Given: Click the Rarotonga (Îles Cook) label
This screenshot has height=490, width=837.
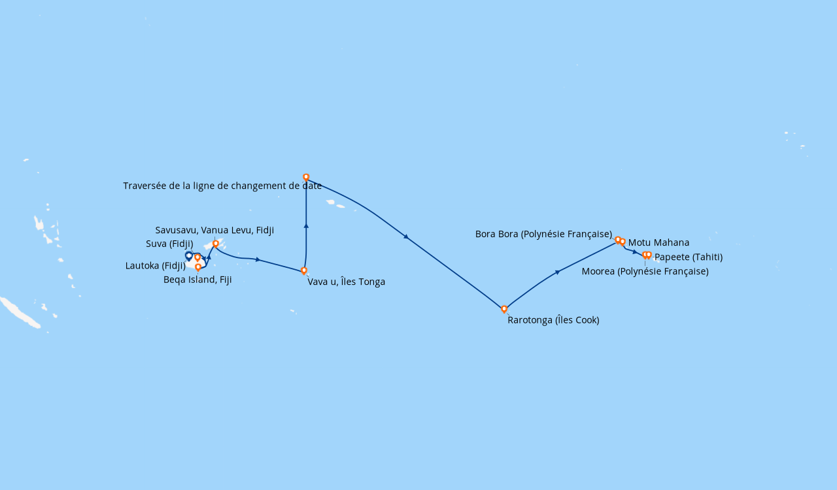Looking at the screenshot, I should (553, 320).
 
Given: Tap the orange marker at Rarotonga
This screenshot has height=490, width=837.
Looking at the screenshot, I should (504, 309).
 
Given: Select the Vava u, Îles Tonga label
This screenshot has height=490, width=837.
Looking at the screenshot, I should (346, 282).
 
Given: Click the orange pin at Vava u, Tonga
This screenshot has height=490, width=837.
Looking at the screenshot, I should (304, 270).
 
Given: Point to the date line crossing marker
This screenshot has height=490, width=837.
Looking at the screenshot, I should (306, 177).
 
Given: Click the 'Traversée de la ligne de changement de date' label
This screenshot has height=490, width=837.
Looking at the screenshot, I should (222, 186).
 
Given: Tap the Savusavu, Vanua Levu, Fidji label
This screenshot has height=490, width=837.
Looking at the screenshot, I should (214, 230).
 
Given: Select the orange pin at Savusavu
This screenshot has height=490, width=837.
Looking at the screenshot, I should (216, 244).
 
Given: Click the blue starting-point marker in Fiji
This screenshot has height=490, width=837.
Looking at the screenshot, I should (189, 255).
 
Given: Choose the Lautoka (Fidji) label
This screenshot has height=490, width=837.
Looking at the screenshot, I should (156, 266).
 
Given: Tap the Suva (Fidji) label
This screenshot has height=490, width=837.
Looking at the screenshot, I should (169, 244).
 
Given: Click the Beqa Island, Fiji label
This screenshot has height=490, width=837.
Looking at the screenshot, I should (197, 280).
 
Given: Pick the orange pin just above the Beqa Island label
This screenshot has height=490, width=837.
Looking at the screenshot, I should (198, 267).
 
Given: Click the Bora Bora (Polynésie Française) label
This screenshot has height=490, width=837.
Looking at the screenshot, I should (543, 234).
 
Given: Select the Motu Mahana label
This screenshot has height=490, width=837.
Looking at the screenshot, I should (658, 242).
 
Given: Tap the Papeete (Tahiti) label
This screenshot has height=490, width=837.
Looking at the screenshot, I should (688, 257).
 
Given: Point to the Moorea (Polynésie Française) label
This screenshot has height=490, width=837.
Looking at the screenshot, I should (645, 271).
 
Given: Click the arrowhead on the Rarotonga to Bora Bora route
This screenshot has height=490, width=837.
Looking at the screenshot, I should (557, 272).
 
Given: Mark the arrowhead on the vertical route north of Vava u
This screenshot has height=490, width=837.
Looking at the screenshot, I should (306, 225).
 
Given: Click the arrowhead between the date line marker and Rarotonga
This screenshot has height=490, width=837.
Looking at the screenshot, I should (406, 237).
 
